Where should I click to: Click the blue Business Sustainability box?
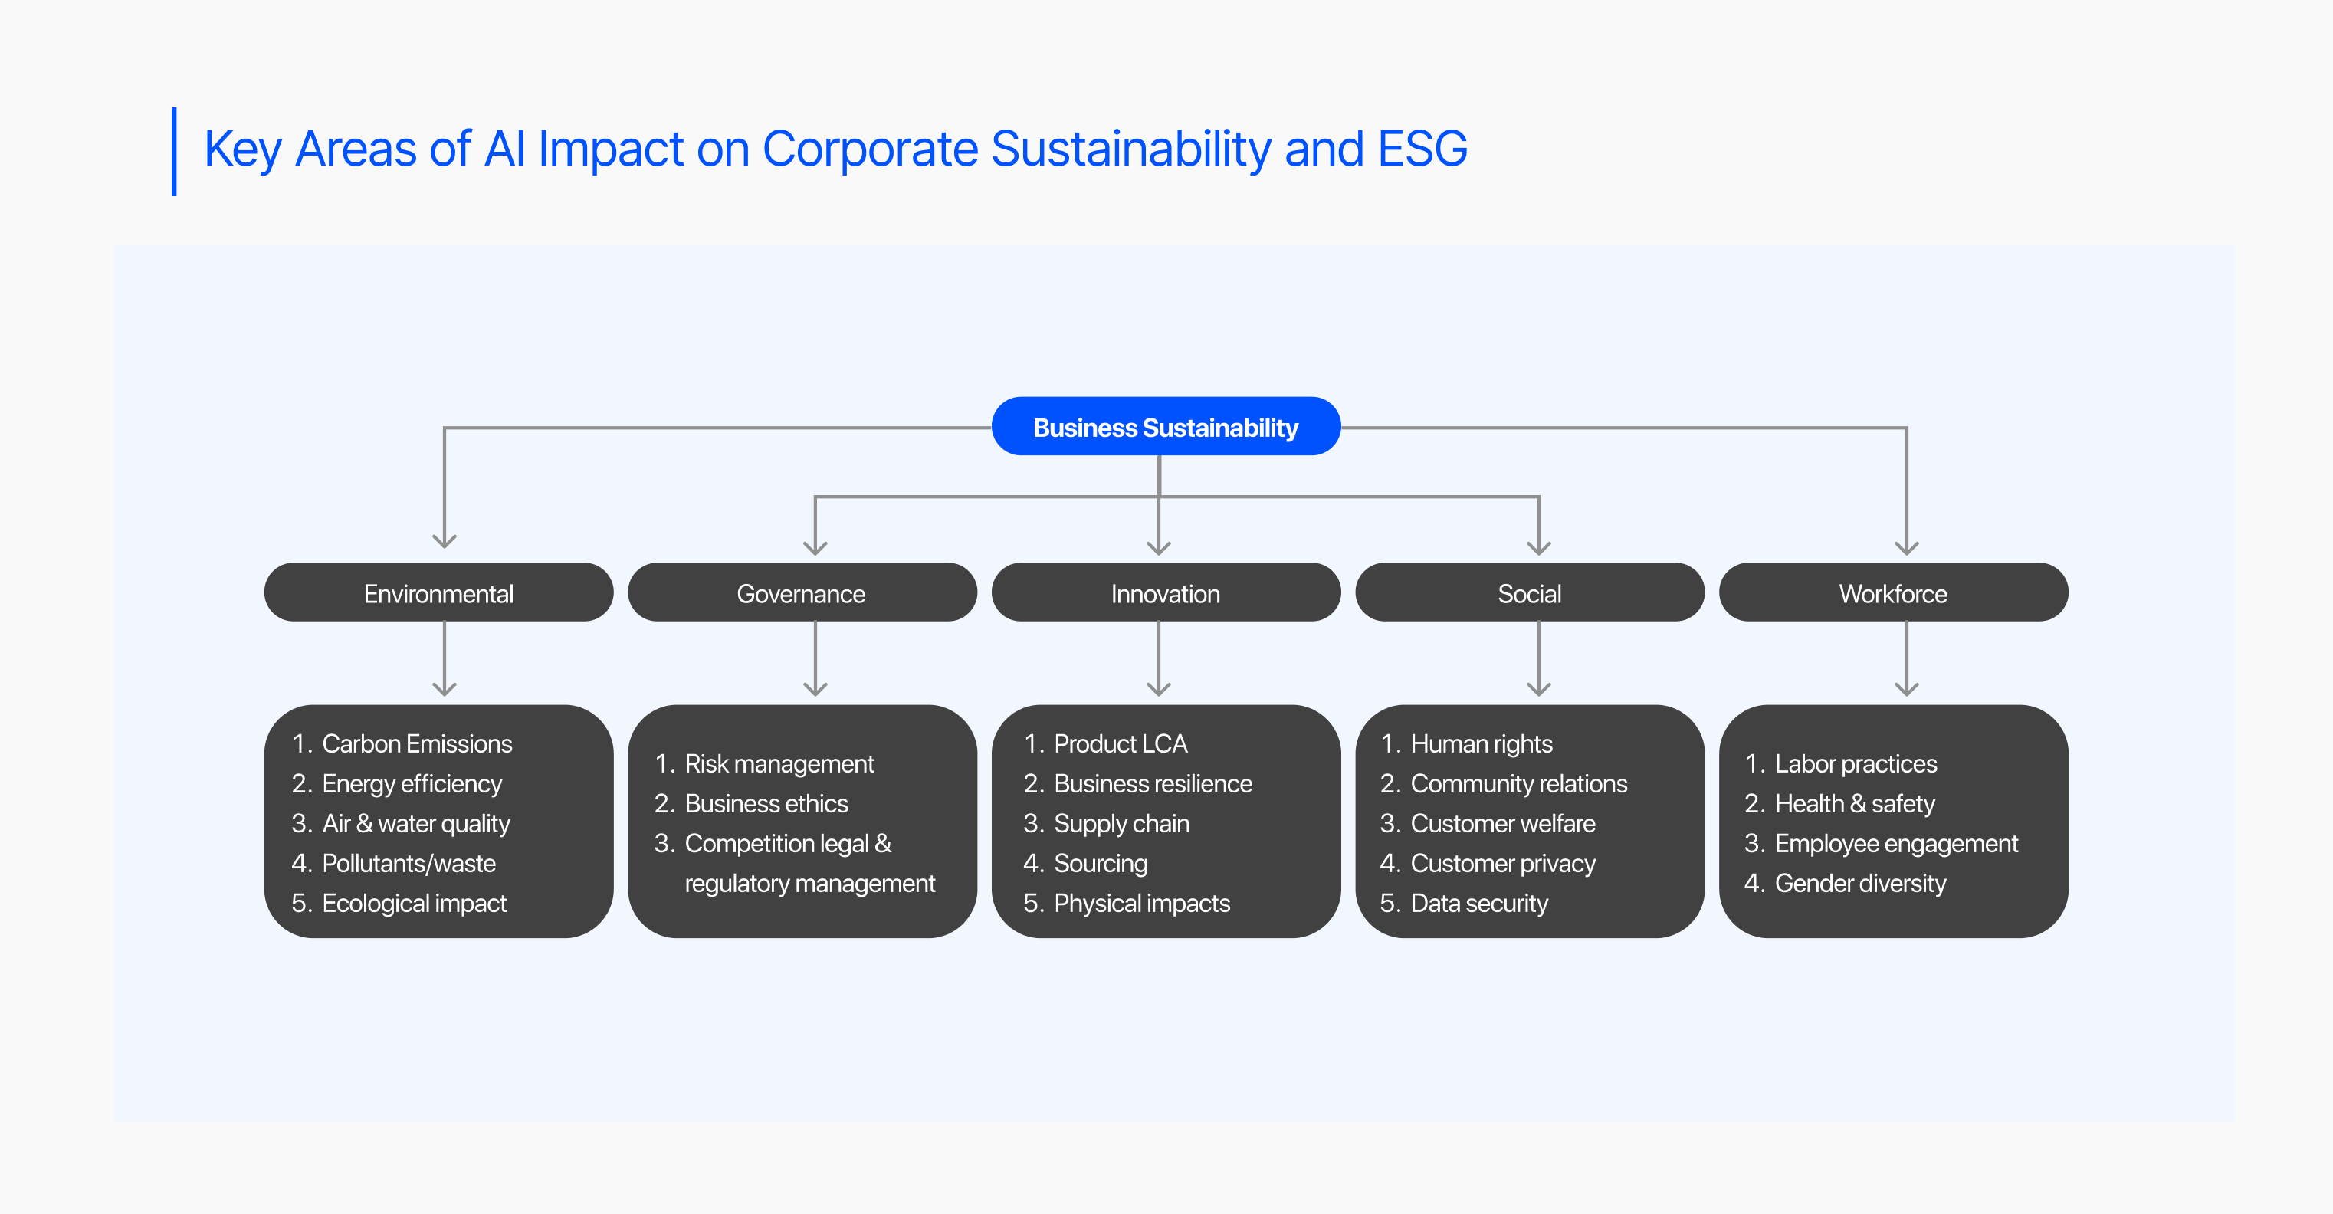point(1166,427)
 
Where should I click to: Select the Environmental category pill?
point(438,593)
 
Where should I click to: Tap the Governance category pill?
point(802,593)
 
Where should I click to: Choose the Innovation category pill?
point(1166,593)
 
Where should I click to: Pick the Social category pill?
point(1530,593)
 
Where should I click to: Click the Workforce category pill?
point(1893,593)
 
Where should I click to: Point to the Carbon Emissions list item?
point(417,743)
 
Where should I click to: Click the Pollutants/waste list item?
point(409,864)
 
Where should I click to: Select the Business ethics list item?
point(766,804)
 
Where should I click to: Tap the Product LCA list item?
point(1121,743)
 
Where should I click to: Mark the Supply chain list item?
point(1121,824)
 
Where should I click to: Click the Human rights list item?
point(1481,743)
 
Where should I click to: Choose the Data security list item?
point(1479,904)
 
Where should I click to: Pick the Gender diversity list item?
point(1860,884)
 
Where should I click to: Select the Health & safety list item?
point(1855,804)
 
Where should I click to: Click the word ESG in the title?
point(1422,149)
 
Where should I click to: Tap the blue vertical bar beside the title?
point(174,151)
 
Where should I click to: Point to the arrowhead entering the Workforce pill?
point(1906,546)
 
